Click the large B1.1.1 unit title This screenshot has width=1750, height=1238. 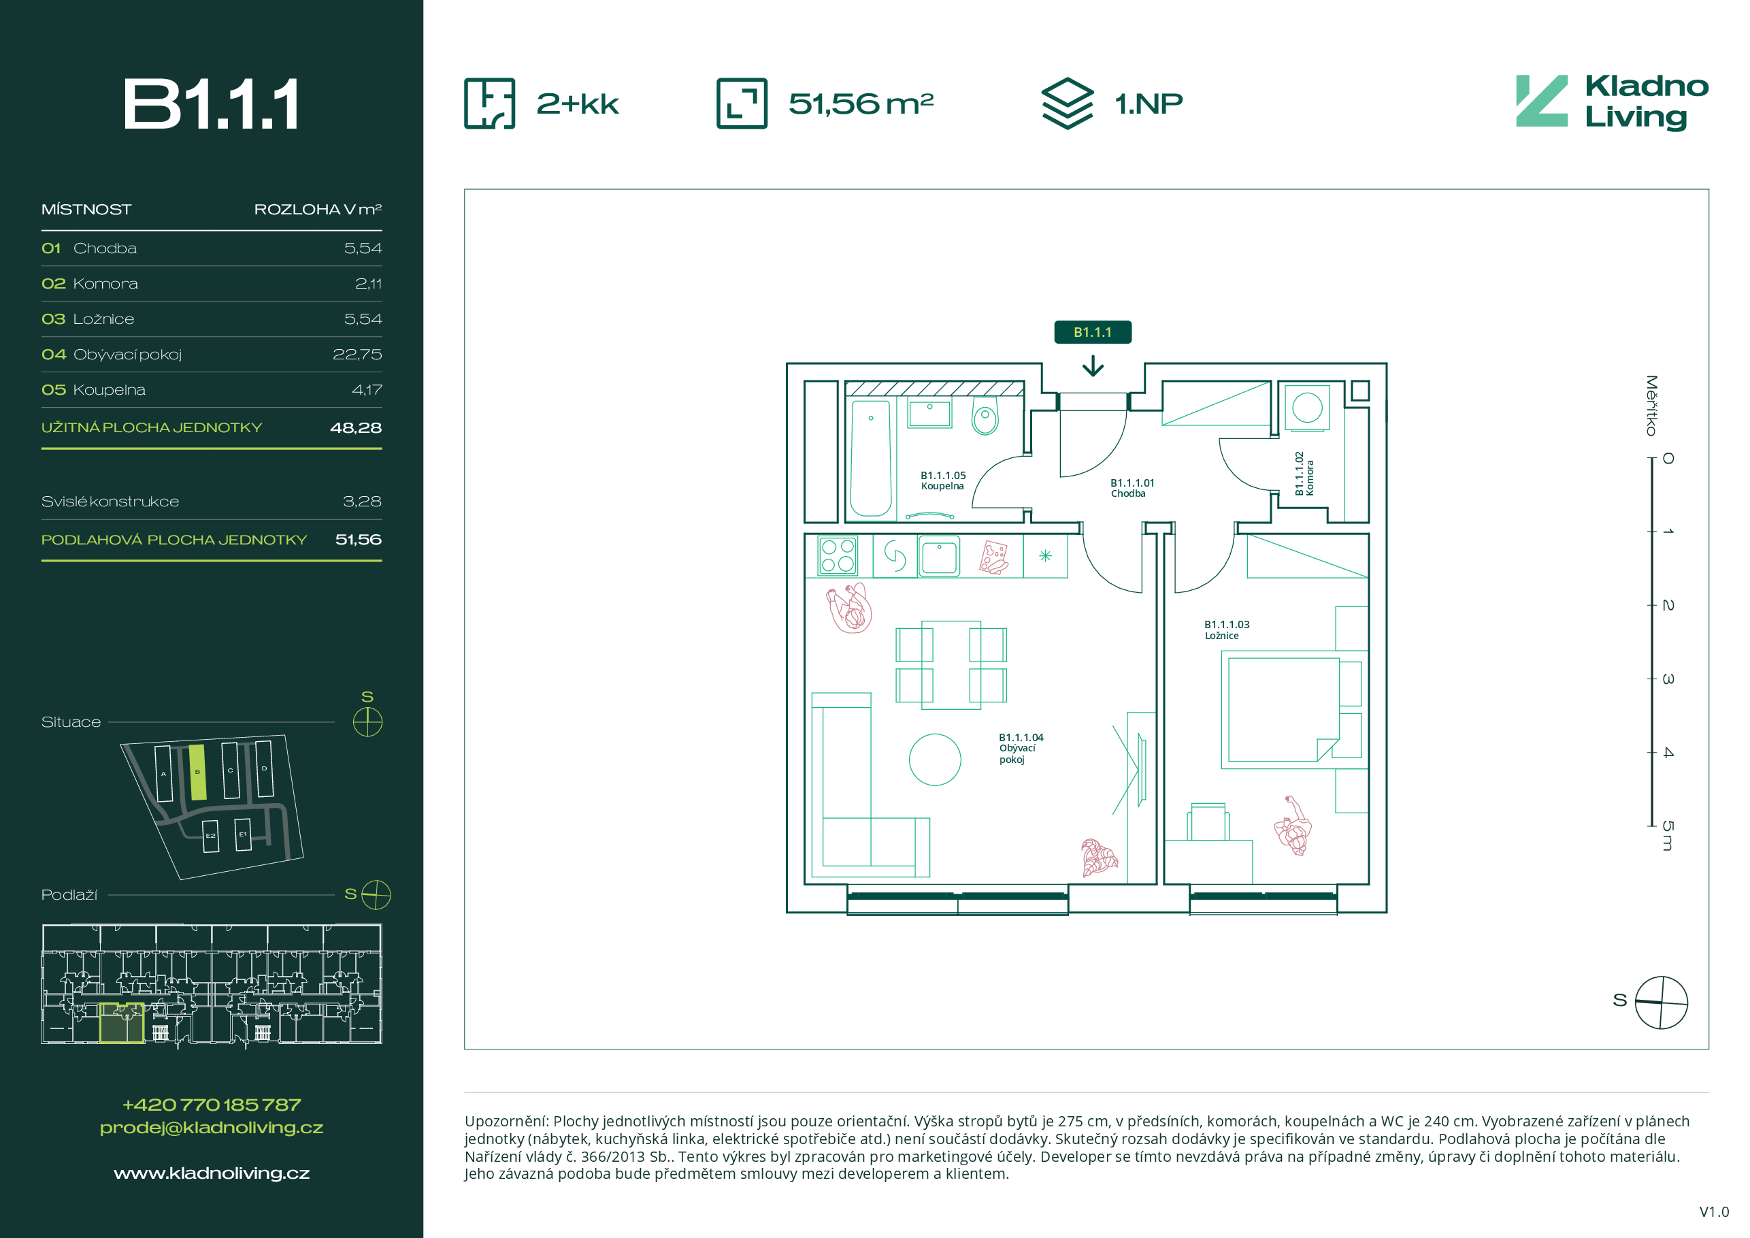point(211,103)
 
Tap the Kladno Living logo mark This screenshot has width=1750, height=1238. point(1541,101)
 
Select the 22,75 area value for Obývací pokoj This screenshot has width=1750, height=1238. point(357,355)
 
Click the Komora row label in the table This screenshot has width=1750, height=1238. point(105,284)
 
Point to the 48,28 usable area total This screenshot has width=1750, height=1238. point(356,427)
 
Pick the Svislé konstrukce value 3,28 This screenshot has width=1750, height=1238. point(362,502)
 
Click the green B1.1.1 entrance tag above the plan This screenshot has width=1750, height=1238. point(1092,332)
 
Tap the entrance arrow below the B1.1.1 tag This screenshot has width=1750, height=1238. point(1093,367)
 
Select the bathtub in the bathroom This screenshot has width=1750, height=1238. point(870,458)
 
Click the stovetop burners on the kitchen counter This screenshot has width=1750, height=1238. point(838,555)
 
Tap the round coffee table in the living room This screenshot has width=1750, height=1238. point(934,760)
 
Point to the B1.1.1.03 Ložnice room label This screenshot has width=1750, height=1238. point(1226,630)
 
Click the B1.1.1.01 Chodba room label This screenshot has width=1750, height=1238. point(1132,488)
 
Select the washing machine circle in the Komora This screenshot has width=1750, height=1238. point(1307,407)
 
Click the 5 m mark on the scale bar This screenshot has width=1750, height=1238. point(1668,836)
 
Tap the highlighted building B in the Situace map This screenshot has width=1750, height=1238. point(197,772)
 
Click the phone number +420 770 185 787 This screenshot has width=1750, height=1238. point(211,1105)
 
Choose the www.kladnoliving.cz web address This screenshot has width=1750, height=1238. point(211,1173)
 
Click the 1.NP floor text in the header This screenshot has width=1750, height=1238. point(1149,103)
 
